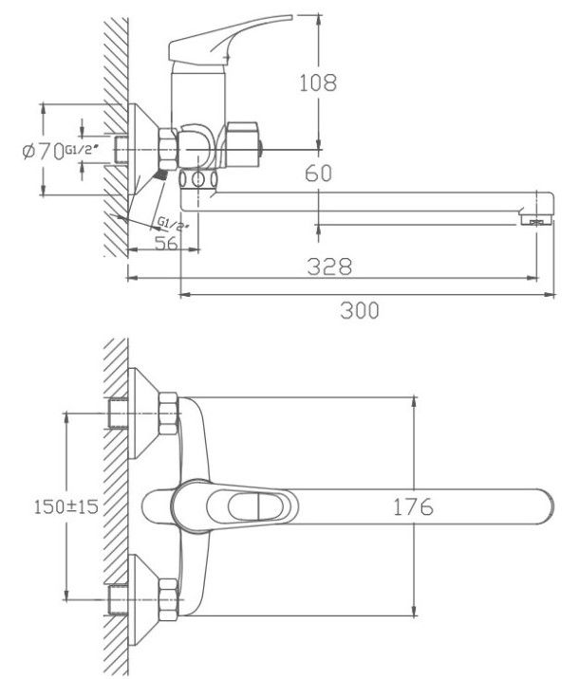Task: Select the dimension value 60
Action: tap(320, 173)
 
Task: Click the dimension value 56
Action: tap(167, 243)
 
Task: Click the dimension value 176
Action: tap(412, 507)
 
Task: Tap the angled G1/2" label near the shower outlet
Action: tap(175, 225)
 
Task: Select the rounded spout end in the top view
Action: tap(541, 506)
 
